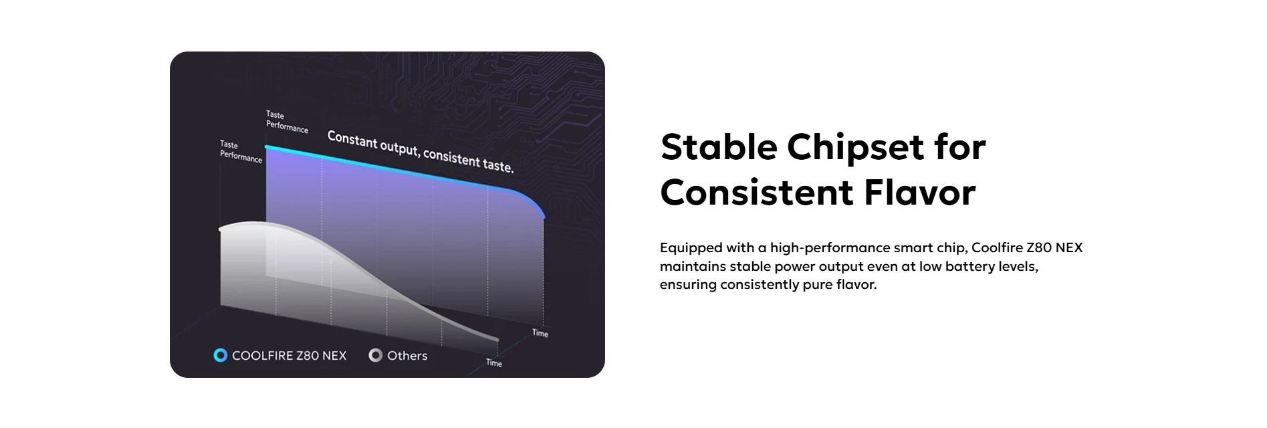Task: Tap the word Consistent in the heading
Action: pyautogui.click(x=756, y=193)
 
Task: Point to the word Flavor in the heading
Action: pyautogui.click(x=919, y=193)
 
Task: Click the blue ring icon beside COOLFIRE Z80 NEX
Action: pyautogui.click(x=220, y=355)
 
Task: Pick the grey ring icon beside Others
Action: pyautogui.click(x=376, y=355)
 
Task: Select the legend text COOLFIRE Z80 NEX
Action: pyautogui.click(x=290, y=356)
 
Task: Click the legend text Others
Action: pyautogui.click(x=407, y=356)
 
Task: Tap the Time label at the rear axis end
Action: pyautogui.click(x=540, y=333)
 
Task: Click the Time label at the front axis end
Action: pyautogui.click(x=494, y=362)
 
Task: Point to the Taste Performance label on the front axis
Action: pyautogui.click(x=241, y=151)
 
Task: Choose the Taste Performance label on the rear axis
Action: pyautogui.click(x=287, y=122)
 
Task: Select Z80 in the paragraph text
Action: pyautogui.click(x=1039, y=247)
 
